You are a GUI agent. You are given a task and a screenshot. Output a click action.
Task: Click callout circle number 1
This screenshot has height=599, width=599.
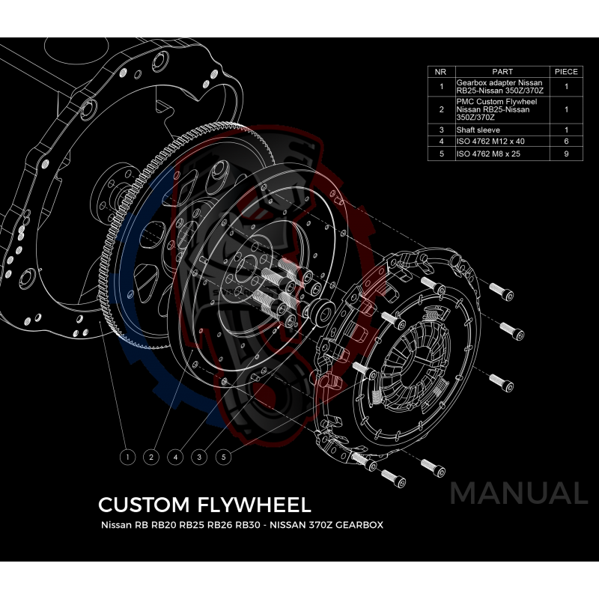(x=129, y=455)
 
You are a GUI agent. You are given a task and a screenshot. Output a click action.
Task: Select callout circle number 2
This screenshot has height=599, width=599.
(x=152, y=455)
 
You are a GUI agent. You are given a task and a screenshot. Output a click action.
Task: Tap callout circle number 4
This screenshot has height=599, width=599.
(x=176, y=455)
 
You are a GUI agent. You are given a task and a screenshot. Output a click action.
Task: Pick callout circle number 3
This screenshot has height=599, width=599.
(x=199, y=455)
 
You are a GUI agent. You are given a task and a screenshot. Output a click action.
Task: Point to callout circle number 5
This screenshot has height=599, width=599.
(x=223, y=455)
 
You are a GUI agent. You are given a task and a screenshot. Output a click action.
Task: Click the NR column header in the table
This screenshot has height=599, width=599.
(x=441, y=72)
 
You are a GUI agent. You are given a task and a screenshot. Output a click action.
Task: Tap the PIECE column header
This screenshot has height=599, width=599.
(x=565, y=72)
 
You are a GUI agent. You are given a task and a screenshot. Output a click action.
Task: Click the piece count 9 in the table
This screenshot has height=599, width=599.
(x=565, y=153)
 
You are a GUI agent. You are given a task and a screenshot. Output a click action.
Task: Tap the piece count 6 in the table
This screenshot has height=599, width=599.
(x=565, y=141)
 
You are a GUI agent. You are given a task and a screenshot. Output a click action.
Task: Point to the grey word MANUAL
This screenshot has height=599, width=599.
(x=518, y=493)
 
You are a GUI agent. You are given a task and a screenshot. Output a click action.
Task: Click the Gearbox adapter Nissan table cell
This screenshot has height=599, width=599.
(x=500, y=87)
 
